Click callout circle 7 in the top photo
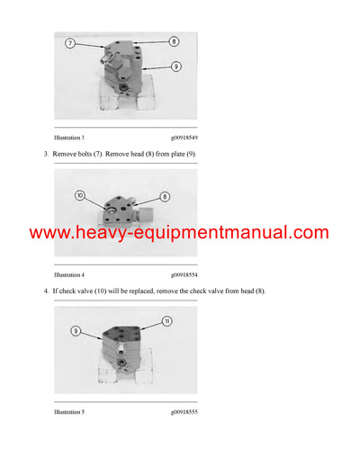tap(70, 43)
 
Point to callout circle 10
tap(79, 195)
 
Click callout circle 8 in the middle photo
tap(165, 196)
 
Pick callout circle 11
tap(166, 320)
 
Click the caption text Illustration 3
tap(69, 137)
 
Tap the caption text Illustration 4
tap(69, 273)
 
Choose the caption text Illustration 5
tap(69, 411)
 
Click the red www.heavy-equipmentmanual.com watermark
tap(179, 233)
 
